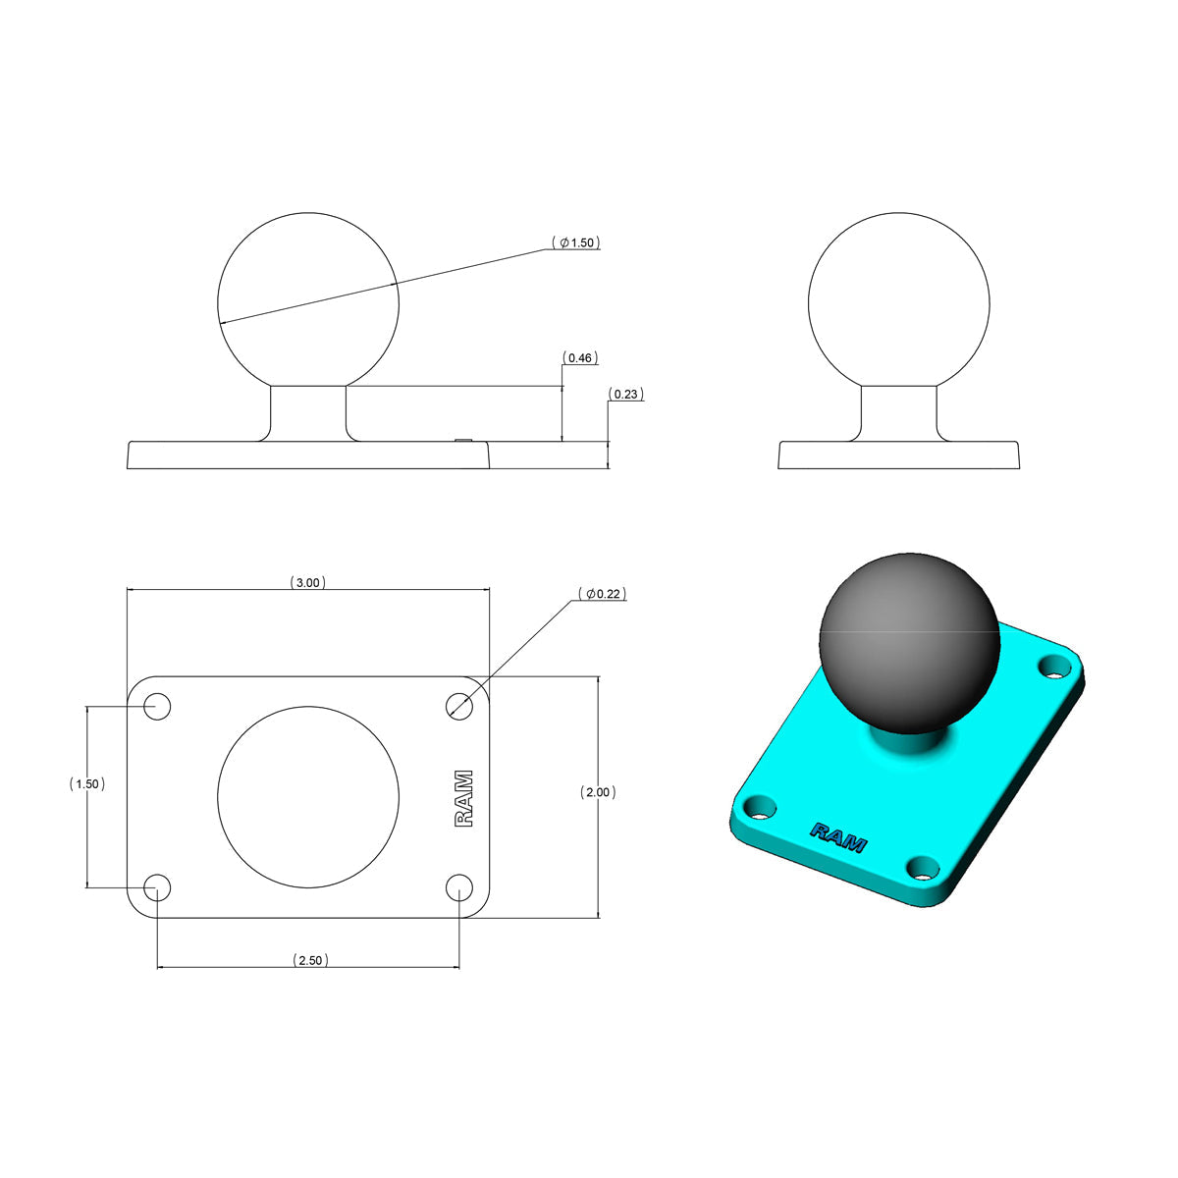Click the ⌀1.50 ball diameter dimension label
(x=575, y=242)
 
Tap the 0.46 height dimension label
(x=580, y=358)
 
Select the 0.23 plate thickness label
(x=625, y=395)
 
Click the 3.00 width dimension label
(x=307, y=583)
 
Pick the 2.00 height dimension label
(x=598, y=792)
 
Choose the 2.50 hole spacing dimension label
(x=309, y=960)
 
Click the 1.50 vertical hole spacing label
(x=87, y=784)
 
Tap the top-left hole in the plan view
(x=158, y=707)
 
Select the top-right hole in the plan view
(x=458, y=707)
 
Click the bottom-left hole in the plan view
(x=158, y=887)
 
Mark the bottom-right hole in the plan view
(x=458, y=887)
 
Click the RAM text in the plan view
(x=463, y=798)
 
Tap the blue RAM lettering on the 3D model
(x=837, y=836)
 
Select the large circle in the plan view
(x=308, y=795)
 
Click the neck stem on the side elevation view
(x=899, y=412)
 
